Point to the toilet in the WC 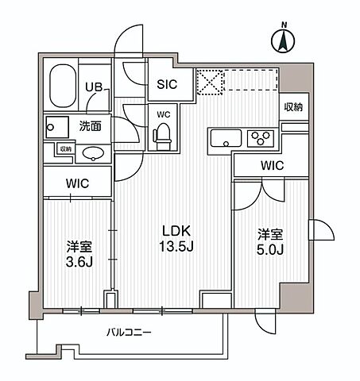coord(163,137)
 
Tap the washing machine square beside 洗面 coord(56,125)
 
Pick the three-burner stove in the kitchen coord(260,140)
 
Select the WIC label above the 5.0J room coord(272,165)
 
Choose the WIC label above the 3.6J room coord(77,183)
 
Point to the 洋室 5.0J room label coord(268,242)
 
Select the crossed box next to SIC coord(209,83)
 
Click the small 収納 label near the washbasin coord(64,148)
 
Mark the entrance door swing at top coord(127,43)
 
